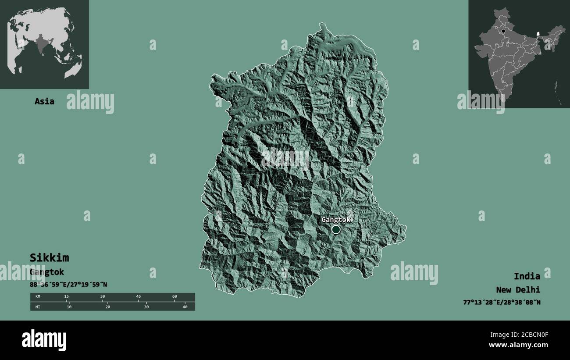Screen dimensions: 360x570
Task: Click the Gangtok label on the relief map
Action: pyautogui.click(x=335, y=219)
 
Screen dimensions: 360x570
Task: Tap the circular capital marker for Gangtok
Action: pyautogui.click(x=336, y=229)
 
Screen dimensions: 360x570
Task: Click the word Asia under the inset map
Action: pyautogui.click(x=45, y=101)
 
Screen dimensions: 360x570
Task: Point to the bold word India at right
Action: pyautogui.click(x=527, y=276)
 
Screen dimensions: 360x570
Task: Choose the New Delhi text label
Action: pyautogui.click(x=518, y=289)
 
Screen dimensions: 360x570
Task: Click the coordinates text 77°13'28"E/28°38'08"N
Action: pyautogui.click(x=502, y=302)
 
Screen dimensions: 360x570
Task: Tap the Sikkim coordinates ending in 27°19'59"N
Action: pyautogui.click(x=68, y=285)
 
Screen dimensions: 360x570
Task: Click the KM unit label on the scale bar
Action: pyautogui.click(x=37, y=296)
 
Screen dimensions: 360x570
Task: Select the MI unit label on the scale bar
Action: pyautogui.click(x=37, y=307)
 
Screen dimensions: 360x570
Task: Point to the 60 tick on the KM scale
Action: pyautogui.click(x=175, y=296)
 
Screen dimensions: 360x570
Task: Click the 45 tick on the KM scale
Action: pyautogui.click(x=139, y=296)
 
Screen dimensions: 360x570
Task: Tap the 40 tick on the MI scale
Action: pyautogui.click(x=185, y=307)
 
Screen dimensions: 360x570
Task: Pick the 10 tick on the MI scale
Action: pyautogui.click(x=69, y=307)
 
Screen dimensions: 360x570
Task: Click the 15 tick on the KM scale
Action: pyautogui.click(x=67, y=296)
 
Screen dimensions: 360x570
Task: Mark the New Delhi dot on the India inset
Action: pyautogui.click(x=503, y=31)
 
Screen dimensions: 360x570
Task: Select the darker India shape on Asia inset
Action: pyautogui.click(x=42, y=44)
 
